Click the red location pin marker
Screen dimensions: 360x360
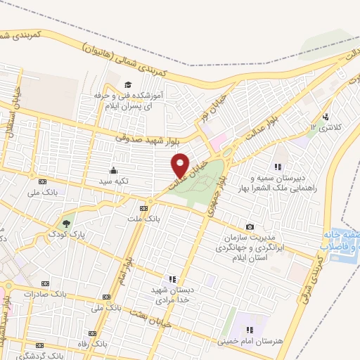point(180,165)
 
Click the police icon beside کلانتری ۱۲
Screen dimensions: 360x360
point(325,117)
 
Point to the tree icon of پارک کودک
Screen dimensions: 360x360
point(66,222)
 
